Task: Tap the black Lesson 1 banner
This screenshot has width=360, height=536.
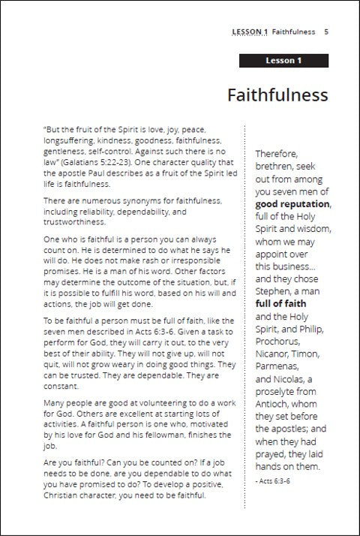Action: pyautogui.click(x=283, y=61)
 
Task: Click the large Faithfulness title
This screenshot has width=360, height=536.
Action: pyautogui.click(x=277, y=96)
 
